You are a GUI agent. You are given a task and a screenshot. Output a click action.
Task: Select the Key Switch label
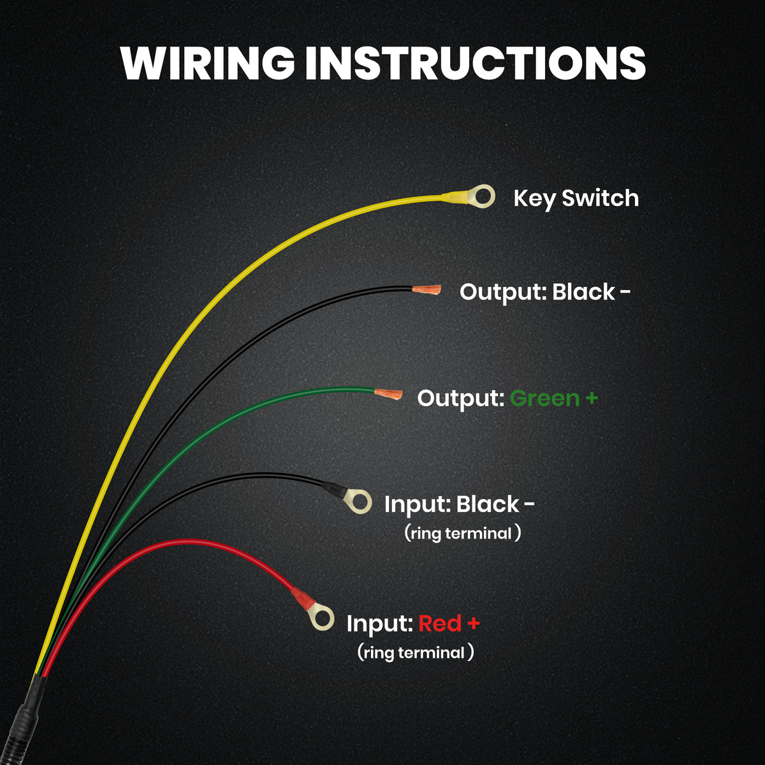click(576, 198)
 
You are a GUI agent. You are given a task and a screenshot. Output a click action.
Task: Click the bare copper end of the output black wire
click(426, 291)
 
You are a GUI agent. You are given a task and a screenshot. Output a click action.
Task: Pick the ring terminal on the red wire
click(321, 617)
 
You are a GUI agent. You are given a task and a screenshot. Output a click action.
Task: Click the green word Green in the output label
click(544, 398)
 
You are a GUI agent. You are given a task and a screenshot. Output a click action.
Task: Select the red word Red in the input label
click(439, 623)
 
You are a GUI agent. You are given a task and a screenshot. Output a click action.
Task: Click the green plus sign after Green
click(591, 398)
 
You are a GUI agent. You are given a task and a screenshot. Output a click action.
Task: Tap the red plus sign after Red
click(472, 623)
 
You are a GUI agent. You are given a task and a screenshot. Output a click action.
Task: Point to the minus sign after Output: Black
click(625, 293)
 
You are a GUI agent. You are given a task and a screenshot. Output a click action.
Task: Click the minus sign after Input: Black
click(528, 504)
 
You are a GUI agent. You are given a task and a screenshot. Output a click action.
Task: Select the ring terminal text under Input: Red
click(416, 652)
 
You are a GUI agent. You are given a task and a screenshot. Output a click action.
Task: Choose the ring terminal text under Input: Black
click(463, 533)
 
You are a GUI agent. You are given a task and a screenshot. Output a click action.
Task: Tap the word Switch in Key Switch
click(600, 198)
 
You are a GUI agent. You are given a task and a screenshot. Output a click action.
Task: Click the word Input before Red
click(379, 623)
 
